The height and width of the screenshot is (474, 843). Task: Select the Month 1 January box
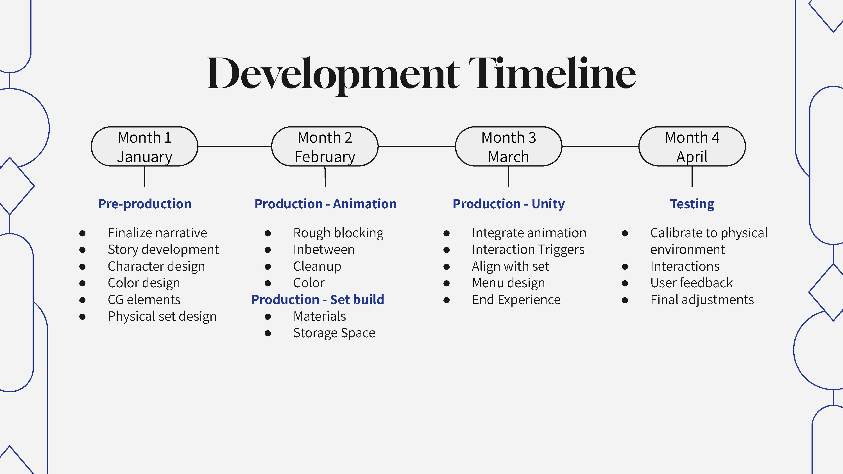coord(144,147)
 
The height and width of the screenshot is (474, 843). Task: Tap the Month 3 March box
coord(508,147)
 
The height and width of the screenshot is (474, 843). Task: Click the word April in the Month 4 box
coord(692,157)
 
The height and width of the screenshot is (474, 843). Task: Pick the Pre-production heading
coord(144,204)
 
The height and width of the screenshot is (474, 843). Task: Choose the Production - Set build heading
coord(318,300)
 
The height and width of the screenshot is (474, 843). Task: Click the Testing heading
coord(692,204)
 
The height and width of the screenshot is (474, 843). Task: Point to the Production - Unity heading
coord(508,204)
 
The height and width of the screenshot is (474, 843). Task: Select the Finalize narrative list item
coord(157,233)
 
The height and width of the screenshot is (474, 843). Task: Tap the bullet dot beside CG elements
coord(82,300)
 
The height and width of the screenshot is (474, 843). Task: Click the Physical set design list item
coord(162,316)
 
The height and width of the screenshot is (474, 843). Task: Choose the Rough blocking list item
coord(338,233)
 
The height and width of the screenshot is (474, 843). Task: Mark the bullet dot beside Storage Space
coord(268,333)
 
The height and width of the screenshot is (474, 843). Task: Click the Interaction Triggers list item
coord(528,250)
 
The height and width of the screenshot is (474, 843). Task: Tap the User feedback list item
coord(691,283)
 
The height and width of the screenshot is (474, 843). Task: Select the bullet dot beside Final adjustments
coord(625,300)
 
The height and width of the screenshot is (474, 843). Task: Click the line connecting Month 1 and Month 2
coord(235,146)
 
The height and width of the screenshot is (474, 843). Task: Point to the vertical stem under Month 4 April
coord(692,177)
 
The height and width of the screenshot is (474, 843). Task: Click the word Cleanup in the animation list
coord(317,266)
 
